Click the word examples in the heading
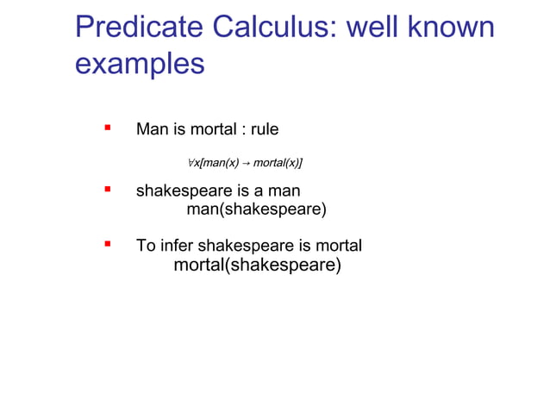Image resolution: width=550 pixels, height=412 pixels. (140, 65)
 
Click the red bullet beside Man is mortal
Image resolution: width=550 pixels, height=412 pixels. (108, 128)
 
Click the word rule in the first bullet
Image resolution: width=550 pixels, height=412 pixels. (263, 130)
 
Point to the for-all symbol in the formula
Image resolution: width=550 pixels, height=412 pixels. (191, 162)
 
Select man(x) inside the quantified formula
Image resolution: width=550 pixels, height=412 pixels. (220, 162)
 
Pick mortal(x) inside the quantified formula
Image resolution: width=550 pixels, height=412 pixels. (276, 162)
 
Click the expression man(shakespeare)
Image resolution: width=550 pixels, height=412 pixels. (257, 209)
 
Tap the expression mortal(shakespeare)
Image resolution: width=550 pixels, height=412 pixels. (257, 265)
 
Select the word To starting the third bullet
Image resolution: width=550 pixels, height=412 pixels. (146, 247)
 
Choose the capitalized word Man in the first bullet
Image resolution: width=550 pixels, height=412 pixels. (152, 130)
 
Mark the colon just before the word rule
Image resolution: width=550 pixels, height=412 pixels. (242, 131)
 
